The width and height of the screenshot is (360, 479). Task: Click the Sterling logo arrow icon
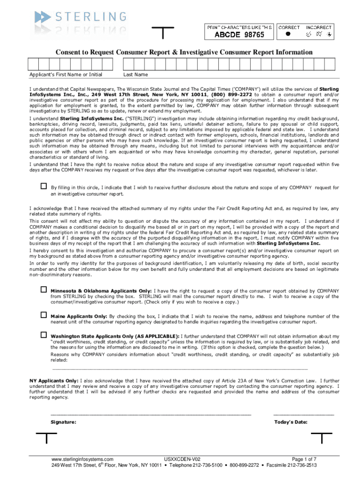click(x=42, y=18)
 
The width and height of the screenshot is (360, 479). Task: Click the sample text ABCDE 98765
click(x=239, y=35)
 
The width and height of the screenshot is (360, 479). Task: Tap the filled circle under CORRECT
click(x=288, y=34)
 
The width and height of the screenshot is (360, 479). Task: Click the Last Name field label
click(x=136, y=74)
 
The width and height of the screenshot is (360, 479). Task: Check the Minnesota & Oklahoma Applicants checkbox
click(x=43, y=290)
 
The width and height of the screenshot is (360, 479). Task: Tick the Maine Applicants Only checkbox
click(x=43, y=315)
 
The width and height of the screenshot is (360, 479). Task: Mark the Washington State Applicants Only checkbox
click(x=43, y=335)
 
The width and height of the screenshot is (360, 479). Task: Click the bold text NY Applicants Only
click(x=51, y=381)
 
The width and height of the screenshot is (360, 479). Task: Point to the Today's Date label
click(x=290, y=422)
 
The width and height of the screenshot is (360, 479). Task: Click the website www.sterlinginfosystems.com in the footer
click(x=83, y=459)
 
